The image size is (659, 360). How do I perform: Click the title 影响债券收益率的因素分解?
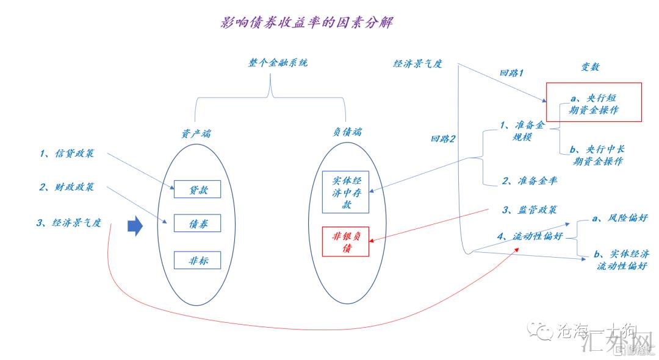(306, 23)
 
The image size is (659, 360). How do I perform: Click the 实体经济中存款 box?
(345, 192)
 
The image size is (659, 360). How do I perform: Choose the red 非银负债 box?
(345, 241)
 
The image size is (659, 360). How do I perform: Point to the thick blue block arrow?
(134, 227)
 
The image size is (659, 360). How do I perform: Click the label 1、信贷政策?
(67, 154)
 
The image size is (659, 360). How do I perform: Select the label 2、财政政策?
(67, 187)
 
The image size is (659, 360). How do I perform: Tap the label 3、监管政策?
(530, 210)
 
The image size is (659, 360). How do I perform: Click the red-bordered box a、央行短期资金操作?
(594, 102)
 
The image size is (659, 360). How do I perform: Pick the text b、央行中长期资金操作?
(597, 155)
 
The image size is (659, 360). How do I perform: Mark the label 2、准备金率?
(529, 181)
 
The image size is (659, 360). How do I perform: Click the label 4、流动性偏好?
(530, 236)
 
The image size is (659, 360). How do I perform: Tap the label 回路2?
(444, 139)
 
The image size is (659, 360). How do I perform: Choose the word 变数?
(589, 67)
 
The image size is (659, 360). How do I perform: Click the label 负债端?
(347, 131)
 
